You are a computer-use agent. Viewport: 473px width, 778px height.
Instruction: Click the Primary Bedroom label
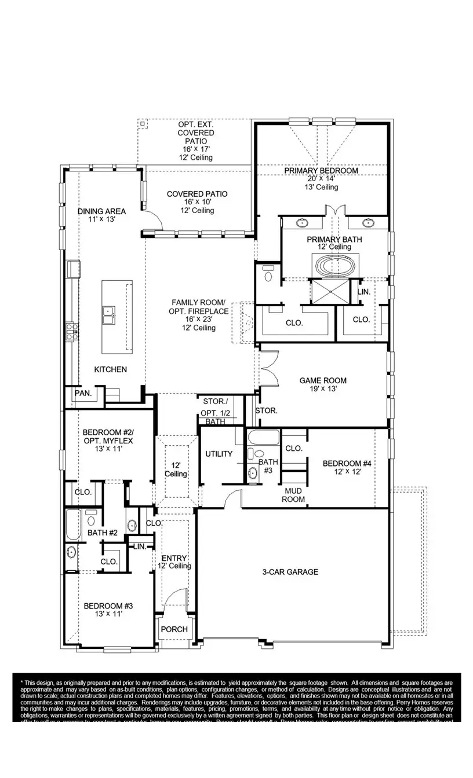[x=321, y=171]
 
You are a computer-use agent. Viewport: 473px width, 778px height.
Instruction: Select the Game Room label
[x=323, y=380]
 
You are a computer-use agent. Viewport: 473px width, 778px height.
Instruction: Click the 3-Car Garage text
[x=290, y=572]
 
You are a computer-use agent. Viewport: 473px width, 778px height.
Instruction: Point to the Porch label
[x=174, y=629]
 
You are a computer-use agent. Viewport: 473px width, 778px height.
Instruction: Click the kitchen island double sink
[x=108, y=316]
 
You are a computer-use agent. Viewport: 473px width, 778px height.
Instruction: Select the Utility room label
[x=219, y=454]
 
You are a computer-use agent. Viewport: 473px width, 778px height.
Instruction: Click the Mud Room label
[x=293, y=495]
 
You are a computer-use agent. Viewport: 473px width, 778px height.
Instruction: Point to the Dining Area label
[x=101, y=211]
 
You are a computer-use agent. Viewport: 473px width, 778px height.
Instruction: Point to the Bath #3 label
[x=268, y=466]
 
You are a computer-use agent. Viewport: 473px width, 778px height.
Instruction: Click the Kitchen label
[x=110, y=369]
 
